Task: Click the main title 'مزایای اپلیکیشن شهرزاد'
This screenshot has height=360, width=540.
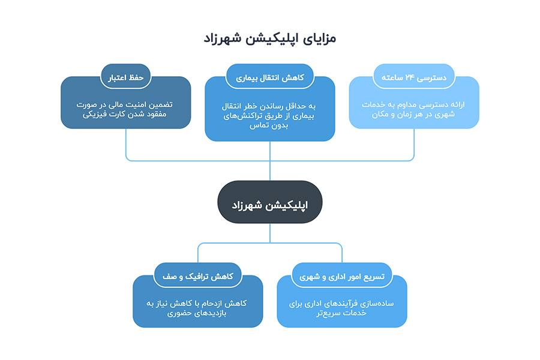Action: [269, 38]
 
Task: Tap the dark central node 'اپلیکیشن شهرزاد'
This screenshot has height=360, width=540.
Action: [269, 202]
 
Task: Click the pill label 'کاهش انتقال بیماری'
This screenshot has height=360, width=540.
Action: [269, 77]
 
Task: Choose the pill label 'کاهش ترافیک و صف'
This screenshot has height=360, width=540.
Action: [197, 275]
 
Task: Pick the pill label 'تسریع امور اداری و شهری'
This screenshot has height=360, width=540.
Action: [341, 275]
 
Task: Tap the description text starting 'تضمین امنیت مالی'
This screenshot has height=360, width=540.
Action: [124, 109]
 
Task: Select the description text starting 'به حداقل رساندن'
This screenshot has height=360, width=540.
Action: [269, 116]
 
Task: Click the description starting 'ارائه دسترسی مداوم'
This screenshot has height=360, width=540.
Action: [413, 109]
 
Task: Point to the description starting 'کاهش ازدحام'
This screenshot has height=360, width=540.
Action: [197, 308]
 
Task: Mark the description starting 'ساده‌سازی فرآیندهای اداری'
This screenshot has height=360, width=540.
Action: [341, 308]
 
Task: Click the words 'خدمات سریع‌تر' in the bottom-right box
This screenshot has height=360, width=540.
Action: [341, 313]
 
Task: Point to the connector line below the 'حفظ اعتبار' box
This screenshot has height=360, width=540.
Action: [126, 145]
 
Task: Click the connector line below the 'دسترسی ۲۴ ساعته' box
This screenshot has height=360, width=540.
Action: [413, 145]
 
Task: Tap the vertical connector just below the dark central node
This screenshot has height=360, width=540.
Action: [269, 233]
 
